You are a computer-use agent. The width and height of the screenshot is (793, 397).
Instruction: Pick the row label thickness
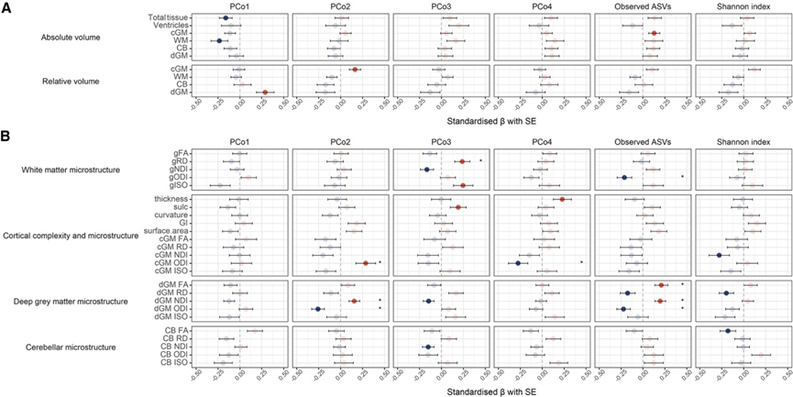pyautogui.click(x=171, y=199)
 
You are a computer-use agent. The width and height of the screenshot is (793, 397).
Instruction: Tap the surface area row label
pyautogui.click(x=167, y=230)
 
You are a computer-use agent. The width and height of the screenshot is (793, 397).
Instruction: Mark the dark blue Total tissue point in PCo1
pyautogui.click(x=226, y=17)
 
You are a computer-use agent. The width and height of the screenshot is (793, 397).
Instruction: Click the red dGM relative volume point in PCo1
pyautogui.click(x=265, y=92)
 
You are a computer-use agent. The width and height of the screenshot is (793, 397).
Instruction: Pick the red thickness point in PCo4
pyautogui.click(x=562, y=199)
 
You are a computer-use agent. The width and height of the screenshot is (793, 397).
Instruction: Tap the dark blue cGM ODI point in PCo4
pyautogui.click(x=518, y=263)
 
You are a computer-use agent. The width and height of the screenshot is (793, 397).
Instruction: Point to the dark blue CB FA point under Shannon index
pyautogui.click(x=727, y=330)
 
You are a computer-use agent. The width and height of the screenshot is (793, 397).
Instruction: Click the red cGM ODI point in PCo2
pyautogui.click(x=365, y=263)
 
